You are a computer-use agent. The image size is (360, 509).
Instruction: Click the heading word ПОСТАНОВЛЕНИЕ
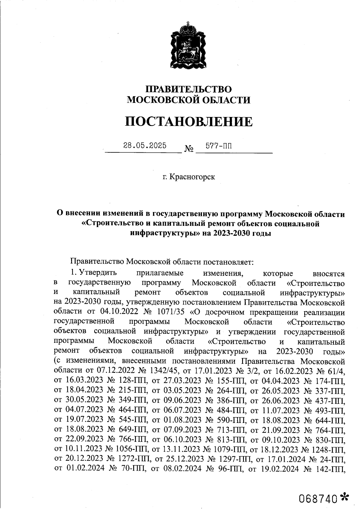[x=188, y=122]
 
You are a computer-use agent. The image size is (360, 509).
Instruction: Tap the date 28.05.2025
[x=145, y=146]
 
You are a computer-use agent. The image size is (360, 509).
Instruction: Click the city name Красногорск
[x=192, y=177]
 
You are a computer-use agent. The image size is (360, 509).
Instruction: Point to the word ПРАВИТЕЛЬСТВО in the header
[x=188, y=89]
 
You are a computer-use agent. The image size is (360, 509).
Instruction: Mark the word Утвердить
[x=97, y=273]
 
